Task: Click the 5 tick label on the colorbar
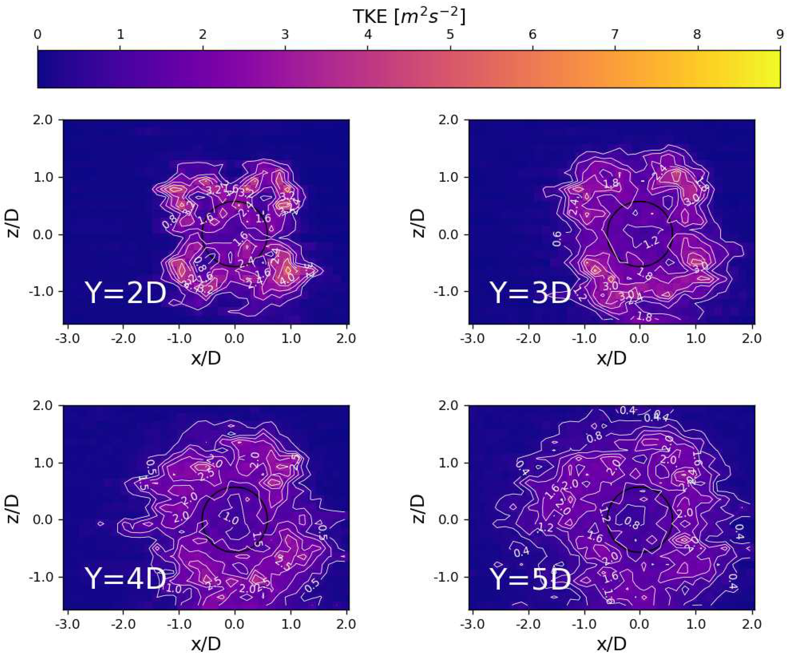click(x=450, y=35)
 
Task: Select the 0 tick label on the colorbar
click(x=37, y=35)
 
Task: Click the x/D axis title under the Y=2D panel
click(x=206, y=358)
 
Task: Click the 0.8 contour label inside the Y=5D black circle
click(x=632, y=523)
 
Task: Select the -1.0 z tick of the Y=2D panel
click(x=43, y=292)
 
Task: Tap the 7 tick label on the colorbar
click(x=615, y=35)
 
